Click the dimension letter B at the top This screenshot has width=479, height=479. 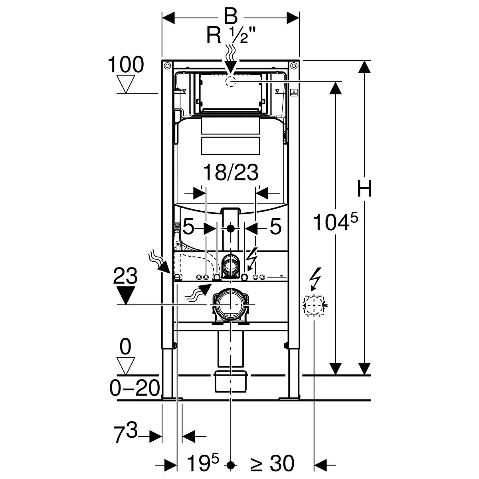[230, 17]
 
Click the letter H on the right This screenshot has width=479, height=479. [364, 189]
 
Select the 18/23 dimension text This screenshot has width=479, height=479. [231, 173]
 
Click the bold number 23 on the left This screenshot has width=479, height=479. [125, 276]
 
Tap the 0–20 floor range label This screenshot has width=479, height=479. [135, 387]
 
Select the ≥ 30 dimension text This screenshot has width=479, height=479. [272, 464]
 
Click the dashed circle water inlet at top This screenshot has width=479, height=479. [231, 81]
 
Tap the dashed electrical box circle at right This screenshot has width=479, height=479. [314, 306]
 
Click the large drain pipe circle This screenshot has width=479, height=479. [231, 305]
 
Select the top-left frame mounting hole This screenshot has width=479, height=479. [167, 65]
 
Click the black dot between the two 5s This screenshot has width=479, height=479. [231, 229]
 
